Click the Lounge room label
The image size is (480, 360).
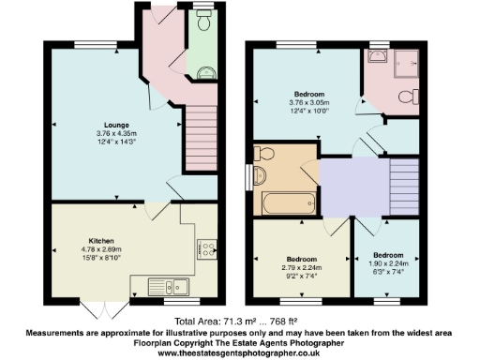tap(116, 124)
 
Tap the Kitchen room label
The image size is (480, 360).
tap(100, 239)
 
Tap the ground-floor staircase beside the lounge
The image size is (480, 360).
tap(201, 133)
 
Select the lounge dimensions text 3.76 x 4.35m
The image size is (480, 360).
tap(116, 133)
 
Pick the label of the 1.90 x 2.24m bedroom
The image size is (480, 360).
tap(388, 255)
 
